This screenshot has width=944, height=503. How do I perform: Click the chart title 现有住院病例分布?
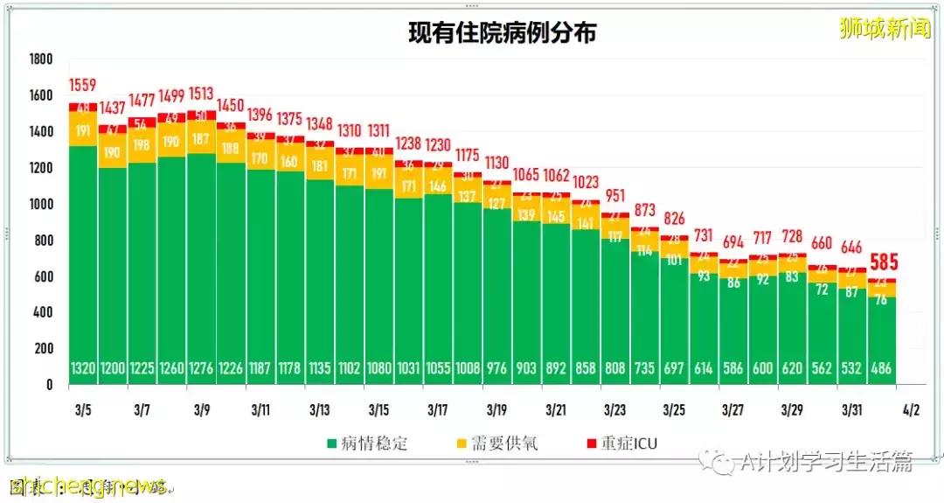point(503,32)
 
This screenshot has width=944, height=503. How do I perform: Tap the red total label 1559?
point(83,86)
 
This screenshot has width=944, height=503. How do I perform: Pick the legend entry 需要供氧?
point(502,444)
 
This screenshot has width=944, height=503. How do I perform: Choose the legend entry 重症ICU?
point(623,444)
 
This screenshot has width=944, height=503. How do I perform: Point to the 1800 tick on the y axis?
point(40,59)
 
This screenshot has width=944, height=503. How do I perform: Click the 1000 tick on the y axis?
point(40,204)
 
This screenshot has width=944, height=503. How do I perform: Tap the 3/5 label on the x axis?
point(83,409)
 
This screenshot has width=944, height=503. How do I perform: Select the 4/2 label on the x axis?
point(911,409)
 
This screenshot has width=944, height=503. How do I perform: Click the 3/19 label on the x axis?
point(496,409)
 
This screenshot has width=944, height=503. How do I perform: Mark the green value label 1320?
point(83,369)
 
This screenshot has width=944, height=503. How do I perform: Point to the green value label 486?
point(881,369)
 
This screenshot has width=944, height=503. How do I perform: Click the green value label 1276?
point(201,369)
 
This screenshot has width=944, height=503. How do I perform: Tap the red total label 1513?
point(201,94)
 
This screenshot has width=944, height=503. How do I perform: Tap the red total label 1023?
point(586,183)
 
